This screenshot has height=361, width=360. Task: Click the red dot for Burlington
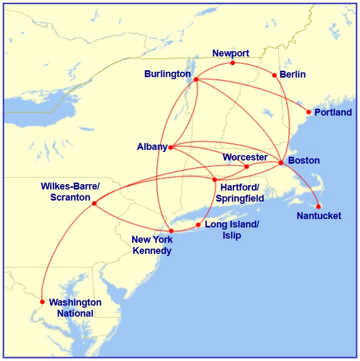coord(196,80)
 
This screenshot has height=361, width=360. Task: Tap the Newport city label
coord(231,53)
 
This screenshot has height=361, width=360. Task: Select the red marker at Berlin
coord(274,75)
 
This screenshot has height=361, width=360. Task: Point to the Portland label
coord(333,112)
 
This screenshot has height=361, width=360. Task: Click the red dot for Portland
coord(309,112)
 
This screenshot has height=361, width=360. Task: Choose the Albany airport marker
coord(170,147)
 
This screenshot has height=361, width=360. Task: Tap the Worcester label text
coord(245,157)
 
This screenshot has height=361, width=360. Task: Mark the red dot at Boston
coord(281,163)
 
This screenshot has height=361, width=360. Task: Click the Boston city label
coord(304,160)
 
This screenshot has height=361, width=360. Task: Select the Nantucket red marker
coord(318,206)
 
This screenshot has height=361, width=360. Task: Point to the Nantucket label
coord(319,216)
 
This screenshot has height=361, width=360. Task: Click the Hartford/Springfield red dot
coord(214,180)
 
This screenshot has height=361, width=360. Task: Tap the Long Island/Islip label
coord(232,230)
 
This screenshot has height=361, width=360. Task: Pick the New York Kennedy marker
coord(171,231)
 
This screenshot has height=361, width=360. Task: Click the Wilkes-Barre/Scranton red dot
coord(94,203)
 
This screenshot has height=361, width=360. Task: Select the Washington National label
coord(75,308)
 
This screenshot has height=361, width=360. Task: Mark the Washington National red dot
coord(42,302)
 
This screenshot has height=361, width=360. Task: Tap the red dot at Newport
coord(233,63)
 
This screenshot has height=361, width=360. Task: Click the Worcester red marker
coord(247,167)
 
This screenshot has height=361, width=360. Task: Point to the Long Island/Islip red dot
coord(198,225)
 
